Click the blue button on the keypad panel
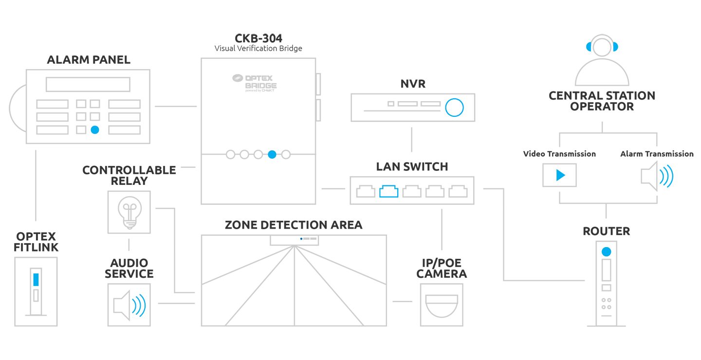(95, 130)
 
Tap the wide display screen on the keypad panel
(88, 85)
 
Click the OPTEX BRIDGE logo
(254, 82)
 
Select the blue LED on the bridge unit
(272, 155)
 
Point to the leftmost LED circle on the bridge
(231, 155)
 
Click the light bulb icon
(129, 212)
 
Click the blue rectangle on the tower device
(36, 280)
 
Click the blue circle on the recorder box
(454, 108)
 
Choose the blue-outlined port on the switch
(388, 191)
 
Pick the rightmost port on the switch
(458, 191)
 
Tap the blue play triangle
(560, 175)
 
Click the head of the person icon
(602, 48)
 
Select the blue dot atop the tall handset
(606, 252)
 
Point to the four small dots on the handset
(606, 304)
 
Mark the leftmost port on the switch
(366, 191)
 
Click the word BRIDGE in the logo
(260, 86)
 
